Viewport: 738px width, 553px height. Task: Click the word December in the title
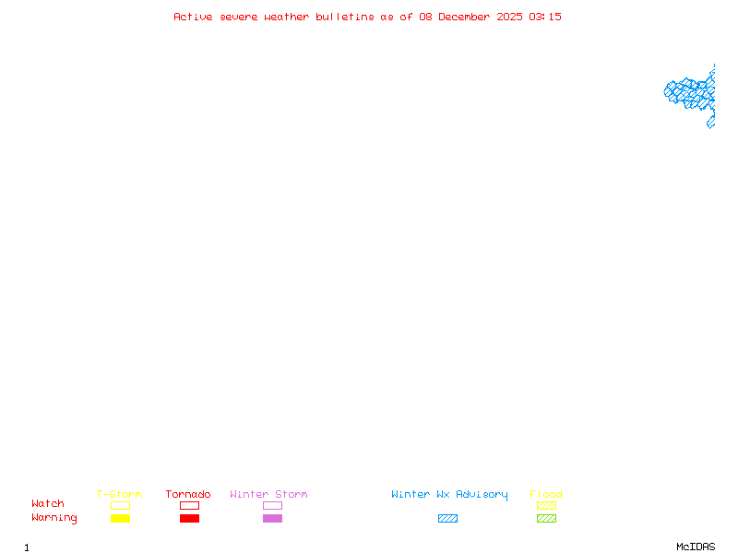click(464, 17)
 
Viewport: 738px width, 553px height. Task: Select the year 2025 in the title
click(509, 17)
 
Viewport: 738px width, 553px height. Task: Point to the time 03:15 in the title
click(545, 17)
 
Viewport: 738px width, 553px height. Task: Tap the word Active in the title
click(193, 17)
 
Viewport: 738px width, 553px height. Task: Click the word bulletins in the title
click(344, 17)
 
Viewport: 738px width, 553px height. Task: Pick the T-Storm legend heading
click(119, 494)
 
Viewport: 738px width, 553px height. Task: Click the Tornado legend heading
click(188, 494)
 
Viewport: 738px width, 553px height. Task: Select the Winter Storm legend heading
click(268, 494)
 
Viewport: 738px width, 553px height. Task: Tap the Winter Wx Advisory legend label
click(449, 495)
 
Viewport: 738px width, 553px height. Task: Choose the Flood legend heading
click(546, 494)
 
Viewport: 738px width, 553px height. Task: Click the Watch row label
click(48, 503)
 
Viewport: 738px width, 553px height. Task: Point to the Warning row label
click(54, 518)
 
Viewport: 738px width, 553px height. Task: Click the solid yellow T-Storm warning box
click(121, 518)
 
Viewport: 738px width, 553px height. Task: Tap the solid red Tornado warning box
click(190, 518)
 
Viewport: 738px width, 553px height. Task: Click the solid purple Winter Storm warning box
click(272, 518)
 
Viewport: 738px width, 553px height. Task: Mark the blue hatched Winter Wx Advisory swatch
click(447, 518)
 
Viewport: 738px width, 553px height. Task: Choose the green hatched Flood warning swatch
click(546, 518)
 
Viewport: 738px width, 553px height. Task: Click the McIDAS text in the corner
click(696, 547)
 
